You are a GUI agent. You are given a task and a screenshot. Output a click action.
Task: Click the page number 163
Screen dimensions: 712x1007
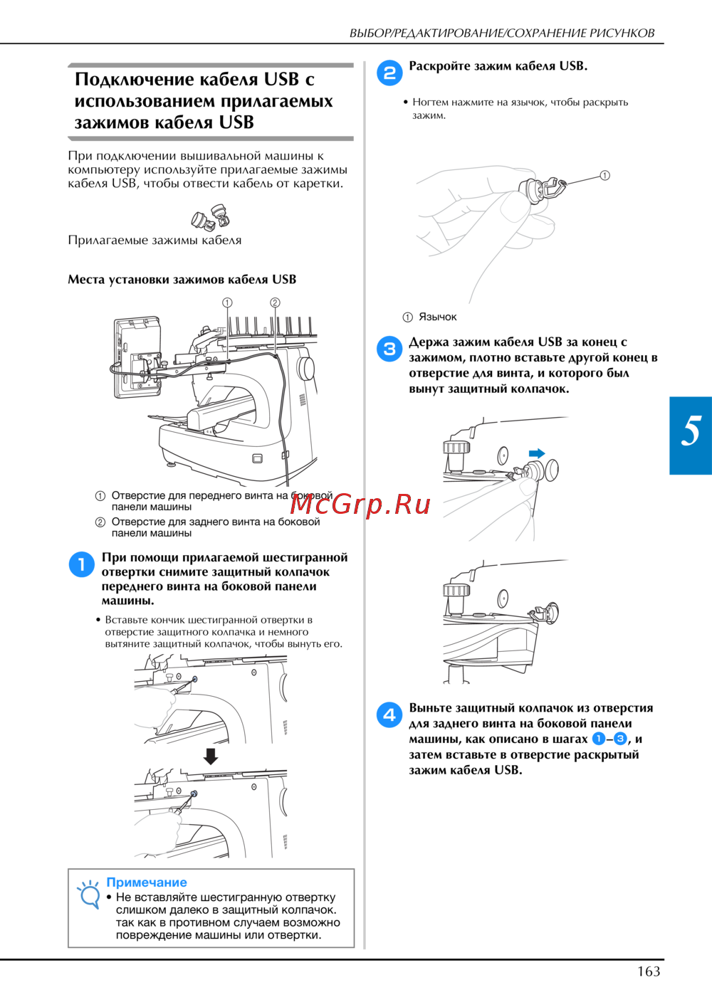(x=649, y=971)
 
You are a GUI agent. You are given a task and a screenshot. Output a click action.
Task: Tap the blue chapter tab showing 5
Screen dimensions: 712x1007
(x=691, y=435)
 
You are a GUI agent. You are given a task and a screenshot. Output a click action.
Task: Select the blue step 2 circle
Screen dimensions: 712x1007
(x=389, y=73)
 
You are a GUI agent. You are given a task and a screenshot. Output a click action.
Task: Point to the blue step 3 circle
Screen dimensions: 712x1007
(x=389, y=349)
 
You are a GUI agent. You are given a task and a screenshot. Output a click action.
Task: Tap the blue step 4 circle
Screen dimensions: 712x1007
(x=389, y=715)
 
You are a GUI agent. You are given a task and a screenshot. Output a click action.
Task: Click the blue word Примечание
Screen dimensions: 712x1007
(x=147, y=882)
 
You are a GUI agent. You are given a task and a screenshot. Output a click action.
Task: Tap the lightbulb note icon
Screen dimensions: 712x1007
(x=88, y=895)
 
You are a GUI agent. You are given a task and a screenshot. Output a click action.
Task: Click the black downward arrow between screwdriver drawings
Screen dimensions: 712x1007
(x=211, y=756)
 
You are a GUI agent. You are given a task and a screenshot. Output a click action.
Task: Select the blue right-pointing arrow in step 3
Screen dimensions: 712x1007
(x=537, y=453)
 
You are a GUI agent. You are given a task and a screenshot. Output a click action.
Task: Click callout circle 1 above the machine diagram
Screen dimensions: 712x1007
(x=227, y=302)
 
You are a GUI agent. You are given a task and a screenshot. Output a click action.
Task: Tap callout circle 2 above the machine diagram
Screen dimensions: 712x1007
(x=275, y=302)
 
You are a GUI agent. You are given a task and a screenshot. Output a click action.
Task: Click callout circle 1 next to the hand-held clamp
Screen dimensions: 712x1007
(x=605, y=175)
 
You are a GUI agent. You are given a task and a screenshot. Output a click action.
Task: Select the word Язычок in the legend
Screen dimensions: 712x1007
(x=438, y=317)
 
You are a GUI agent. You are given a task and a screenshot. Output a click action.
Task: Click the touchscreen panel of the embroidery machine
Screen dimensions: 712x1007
(x=137, y=357)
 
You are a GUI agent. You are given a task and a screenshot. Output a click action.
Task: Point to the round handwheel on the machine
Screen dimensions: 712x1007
(x=306, y=369)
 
